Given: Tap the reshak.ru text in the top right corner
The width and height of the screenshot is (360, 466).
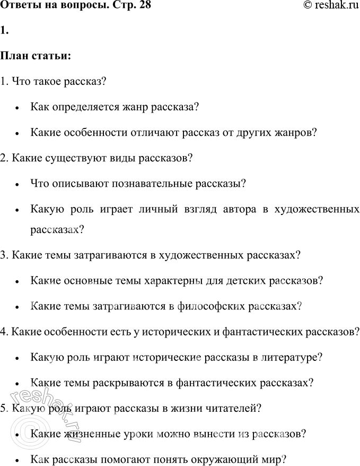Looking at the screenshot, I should tap(333, 6).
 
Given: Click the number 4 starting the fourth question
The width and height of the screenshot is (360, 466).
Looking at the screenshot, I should tap(4, 332).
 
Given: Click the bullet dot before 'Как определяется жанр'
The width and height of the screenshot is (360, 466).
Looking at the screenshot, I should tap(18, 108).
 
